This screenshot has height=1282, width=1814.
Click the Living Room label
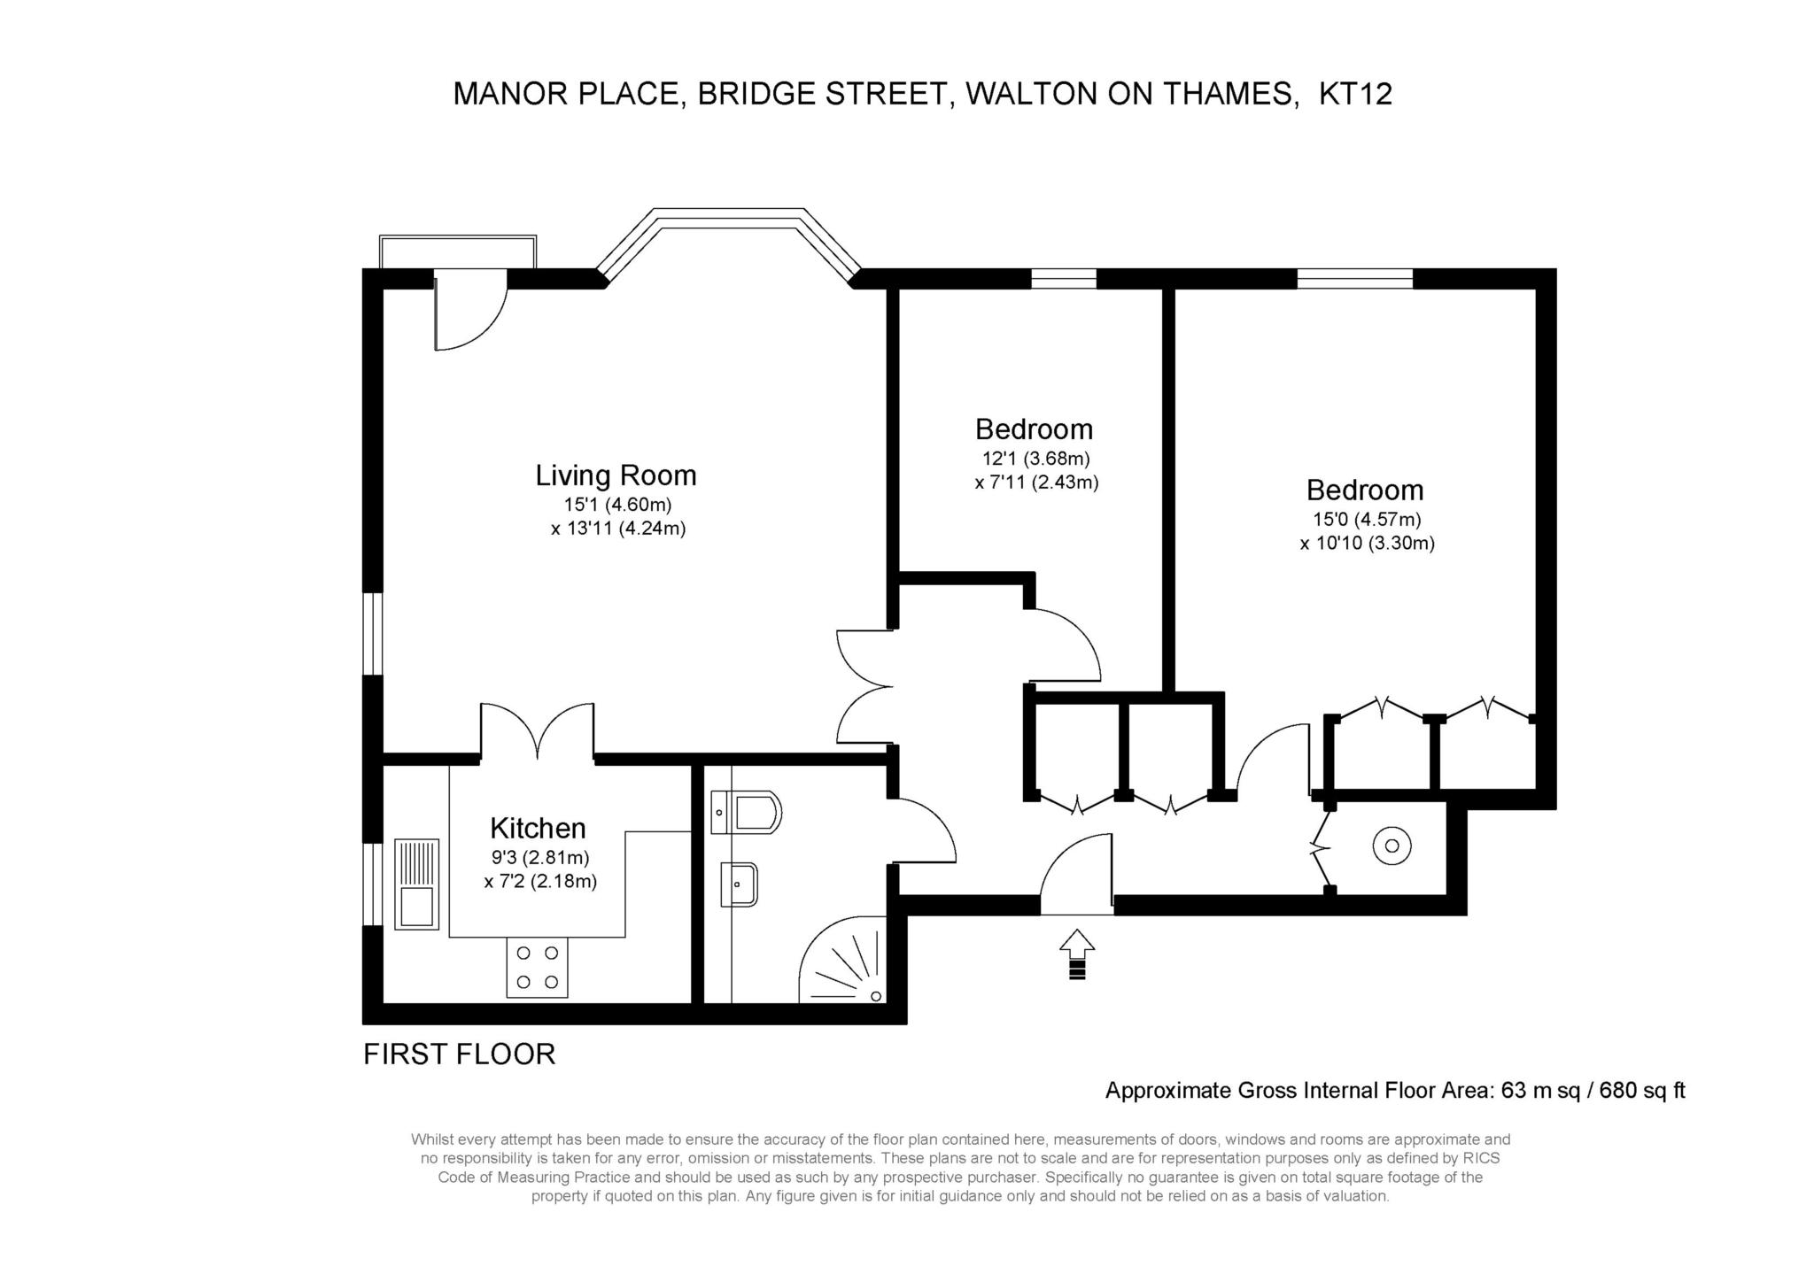point(616,475)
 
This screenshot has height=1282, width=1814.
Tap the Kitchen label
point(538,828)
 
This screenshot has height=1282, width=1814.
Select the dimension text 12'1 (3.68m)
point(1035,459)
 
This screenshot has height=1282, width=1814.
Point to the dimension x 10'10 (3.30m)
point(1367,544)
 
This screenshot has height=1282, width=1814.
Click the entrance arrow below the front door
point(1076,954)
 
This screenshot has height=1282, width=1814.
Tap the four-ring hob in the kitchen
point(537,968)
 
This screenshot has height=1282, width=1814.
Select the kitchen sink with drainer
point(415,884)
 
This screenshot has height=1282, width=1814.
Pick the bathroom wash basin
point(739,884)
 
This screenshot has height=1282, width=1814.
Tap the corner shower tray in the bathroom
point(841,961)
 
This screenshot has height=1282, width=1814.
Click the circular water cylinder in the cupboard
point(1392,846)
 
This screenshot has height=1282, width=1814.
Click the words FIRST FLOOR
point(459,1054)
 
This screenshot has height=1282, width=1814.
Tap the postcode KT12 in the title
point(1355,94)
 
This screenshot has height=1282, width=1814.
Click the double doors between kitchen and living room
point(538,732)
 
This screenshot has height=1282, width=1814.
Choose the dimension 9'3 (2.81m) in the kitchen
point(540,857)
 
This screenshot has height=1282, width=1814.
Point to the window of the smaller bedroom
point(1064,278)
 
